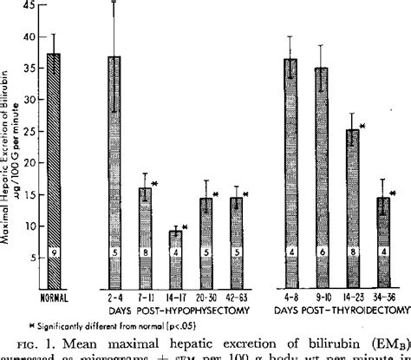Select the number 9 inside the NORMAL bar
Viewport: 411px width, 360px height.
[54, 277]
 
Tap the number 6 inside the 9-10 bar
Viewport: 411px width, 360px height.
[322, 277]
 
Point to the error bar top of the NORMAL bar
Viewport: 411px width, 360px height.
[54, 35]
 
